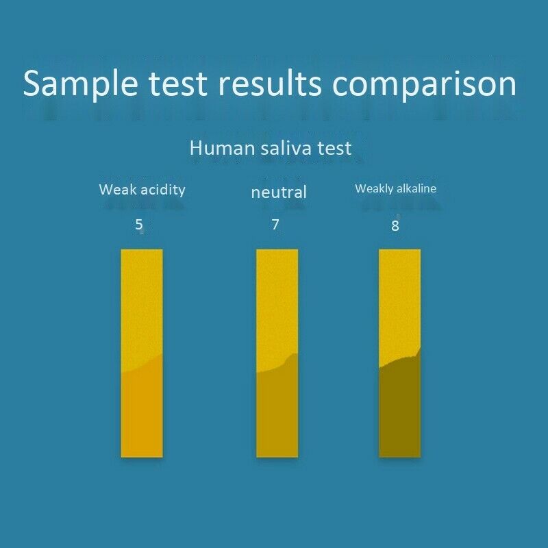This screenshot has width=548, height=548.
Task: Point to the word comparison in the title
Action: pos(425,84)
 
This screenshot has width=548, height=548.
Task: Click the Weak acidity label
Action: pos(142,190)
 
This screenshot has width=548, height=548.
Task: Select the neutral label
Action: pos(279,192)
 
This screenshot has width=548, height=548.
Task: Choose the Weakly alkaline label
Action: pos(395,188)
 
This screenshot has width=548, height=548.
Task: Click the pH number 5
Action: pos(139,224)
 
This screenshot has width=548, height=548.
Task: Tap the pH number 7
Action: pos(275,224)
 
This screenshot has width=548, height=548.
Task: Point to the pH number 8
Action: pos(395,225)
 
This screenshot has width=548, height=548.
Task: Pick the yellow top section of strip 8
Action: pos(399,301)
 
